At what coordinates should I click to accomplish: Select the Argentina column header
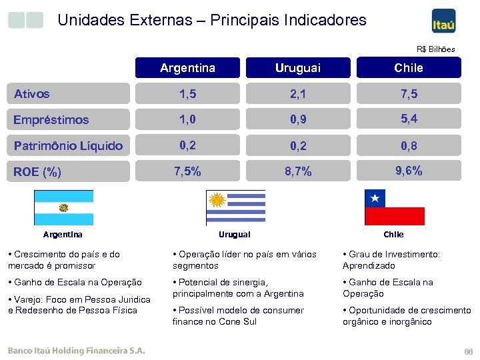(x=187, y=68)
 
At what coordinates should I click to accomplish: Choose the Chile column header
(x=408, y=68)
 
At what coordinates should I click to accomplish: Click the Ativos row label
(x=32, y=94)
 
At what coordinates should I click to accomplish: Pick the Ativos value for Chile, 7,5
(x=408, y=94)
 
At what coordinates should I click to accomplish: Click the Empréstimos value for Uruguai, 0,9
(x=297, y=120)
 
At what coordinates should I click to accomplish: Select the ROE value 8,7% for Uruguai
(x=297, y=172)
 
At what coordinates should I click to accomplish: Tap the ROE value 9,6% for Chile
(x=408, y=171)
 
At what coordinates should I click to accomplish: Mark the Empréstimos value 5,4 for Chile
(x=408, y=119)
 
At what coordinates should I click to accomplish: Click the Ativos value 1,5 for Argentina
(x=187, y=94)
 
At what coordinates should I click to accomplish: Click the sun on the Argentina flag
(x=64, y=207)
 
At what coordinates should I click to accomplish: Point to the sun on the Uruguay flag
(x=216, y=199)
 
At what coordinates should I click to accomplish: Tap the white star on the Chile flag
(x=375, y=198)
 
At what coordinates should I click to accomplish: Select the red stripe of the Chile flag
(x=394, y=216)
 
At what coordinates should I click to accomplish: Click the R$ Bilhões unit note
(x=435, y=49)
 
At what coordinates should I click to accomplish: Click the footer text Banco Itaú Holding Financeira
(x=75, y=351)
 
